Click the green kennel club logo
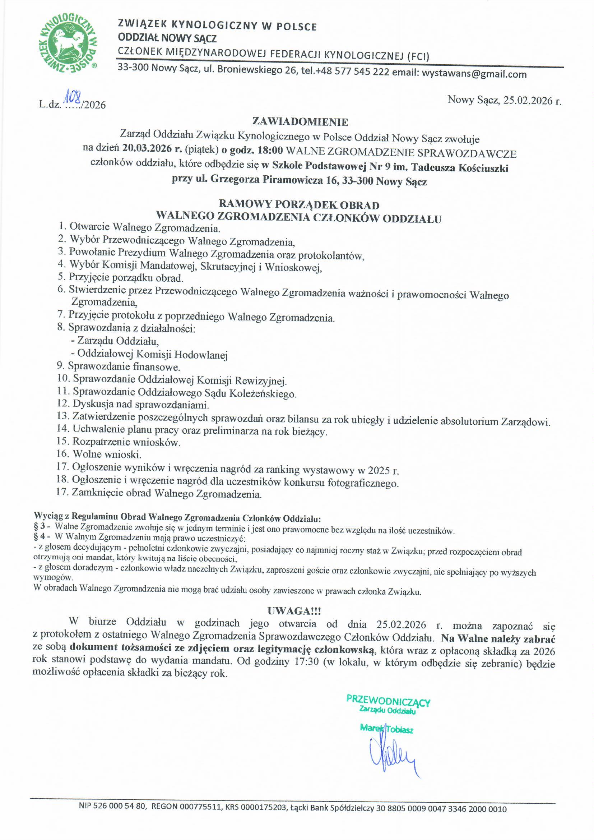(68, 42)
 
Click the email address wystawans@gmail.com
(474, 74)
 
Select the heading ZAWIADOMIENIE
(300, 121)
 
